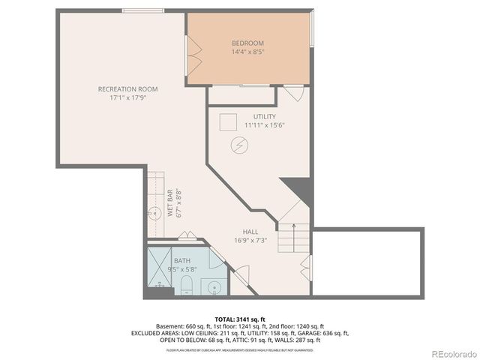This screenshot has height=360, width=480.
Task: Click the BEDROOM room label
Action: [x=247, y=43]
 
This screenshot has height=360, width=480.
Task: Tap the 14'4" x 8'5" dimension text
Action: [x=247, y=52]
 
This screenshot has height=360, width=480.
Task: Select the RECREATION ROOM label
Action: [x=127, y=88]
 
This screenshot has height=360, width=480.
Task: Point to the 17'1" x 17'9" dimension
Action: [x=127, y=97]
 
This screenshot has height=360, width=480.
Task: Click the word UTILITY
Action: [x=264, y=116]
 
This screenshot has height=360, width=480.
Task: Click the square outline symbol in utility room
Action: [x=228, y=121]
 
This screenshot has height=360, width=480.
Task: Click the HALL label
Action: [x=250, y=231]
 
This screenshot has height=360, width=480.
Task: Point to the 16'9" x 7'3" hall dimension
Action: [x=250, y=240]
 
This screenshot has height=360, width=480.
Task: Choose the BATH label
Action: [x=182, y=260]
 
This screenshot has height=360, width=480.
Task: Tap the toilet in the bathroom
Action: [x=187, y=284]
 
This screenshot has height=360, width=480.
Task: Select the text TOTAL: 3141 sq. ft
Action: [x=240, y=319]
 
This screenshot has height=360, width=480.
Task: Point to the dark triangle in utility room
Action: [x=298, y=188]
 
